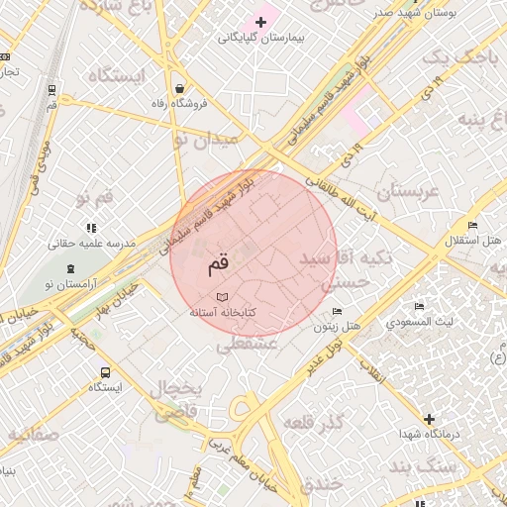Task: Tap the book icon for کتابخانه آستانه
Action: coord(222,296)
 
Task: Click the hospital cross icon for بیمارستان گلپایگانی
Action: coord(261,22)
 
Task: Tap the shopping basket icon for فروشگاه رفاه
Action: coord(177,85)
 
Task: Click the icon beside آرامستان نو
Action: coord(69,269)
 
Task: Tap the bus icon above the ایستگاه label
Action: coord(105,372)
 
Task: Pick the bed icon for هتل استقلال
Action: coord(472,226)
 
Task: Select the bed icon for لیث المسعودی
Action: coord(420,306)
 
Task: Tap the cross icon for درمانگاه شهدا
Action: coord(429,419)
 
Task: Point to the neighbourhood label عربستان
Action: coord(402,191)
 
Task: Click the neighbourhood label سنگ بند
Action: coord(422,466)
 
